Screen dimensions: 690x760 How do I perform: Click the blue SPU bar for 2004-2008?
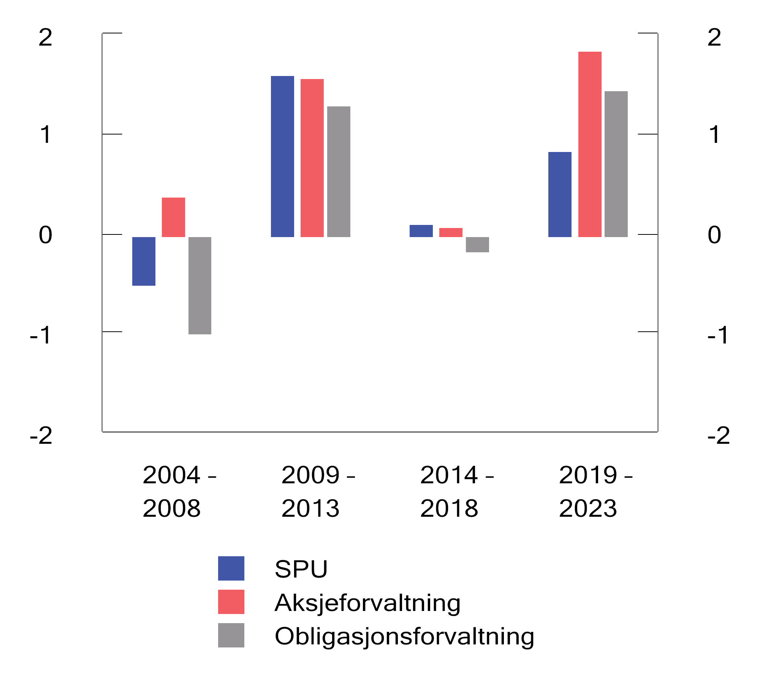click(144, 261)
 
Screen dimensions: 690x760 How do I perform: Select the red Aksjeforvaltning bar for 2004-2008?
click(173, 217)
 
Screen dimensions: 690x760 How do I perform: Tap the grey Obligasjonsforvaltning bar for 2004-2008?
click(200, 285)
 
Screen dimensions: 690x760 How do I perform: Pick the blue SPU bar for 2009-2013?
click(282, 157)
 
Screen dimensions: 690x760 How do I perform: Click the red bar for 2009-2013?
click(312, 158)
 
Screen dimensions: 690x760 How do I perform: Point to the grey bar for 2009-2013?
click(339, 172)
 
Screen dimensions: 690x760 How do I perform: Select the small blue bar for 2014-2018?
click(421, 231)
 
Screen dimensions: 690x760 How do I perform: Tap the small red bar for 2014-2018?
click(451, 233)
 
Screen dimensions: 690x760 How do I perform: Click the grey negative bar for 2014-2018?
click(477, 245)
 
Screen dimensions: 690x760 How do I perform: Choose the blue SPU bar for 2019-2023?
click(560, 195)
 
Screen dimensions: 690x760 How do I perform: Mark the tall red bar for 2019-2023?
click(590, 144)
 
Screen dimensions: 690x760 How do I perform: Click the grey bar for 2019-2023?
click(616, 164)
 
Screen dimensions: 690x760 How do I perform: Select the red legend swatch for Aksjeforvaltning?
click(231, 602)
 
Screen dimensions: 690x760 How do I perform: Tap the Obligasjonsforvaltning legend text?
click(404, 636)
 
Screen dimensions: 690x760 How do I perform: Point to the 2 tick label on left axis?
click(46, 38)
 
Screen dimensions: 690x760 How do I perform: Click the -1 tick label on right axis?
click(718, 335)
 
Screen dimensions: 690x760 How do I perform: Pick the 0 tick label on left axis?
click(46, 235)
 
